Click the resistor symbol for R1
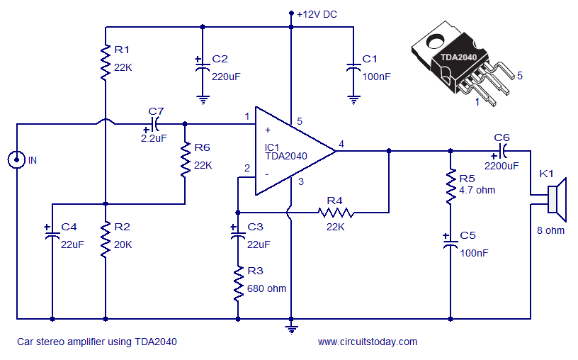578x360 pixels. (x=105, y=60)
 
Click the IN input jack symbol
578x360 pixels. (x=16, y=160)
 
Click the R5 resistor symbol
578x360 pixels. (x=449, y=185)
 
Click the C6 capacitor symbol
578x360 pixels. (x=502, y=150)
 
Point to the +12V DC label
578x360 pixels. (x=317, y=14)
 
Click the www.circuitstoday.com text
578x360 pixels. (x=367, y=342)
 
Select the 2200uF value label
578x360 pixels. (x=501, y=165)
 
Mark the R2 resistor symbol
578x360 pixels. (x=105, y=240)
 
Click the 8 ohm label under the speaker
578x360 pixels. (x=550, y=230)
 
